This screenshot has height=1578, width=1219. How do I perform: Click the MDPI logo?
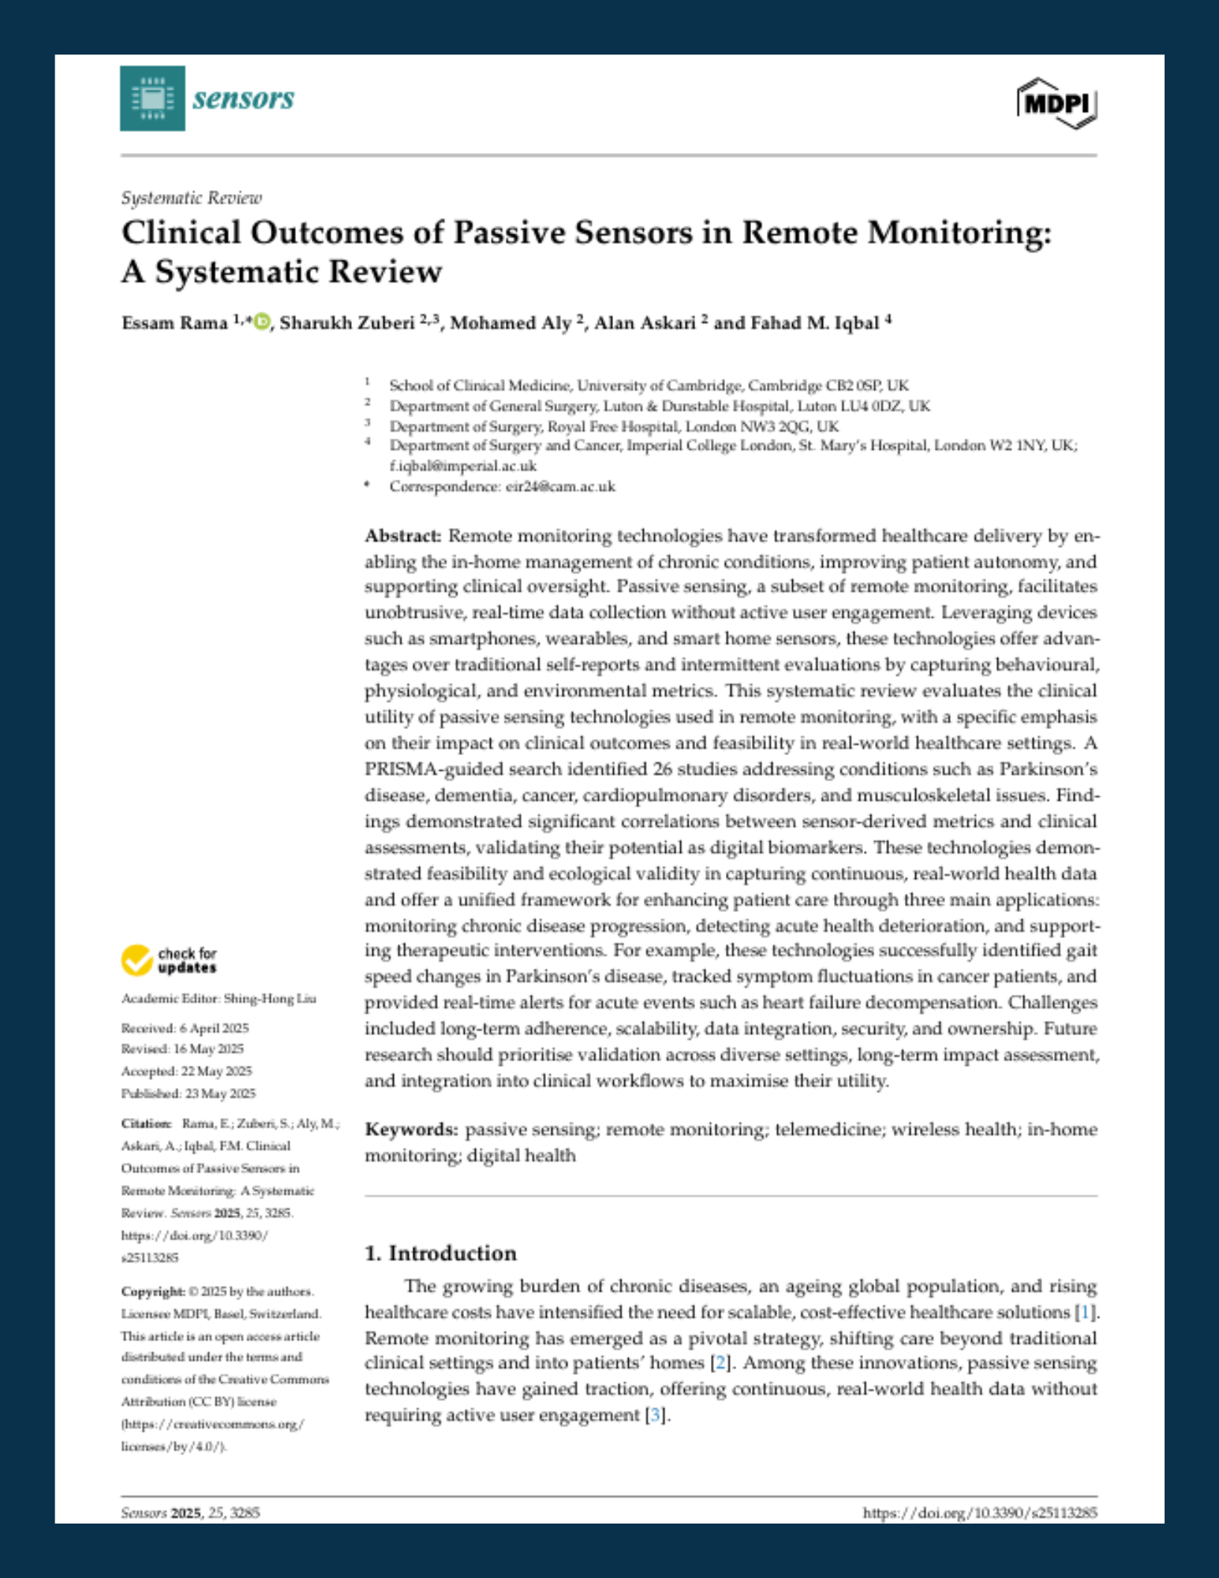click(x=1056, y=103)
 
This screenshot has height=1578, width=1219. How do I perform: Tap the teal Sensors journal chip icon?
click(x=152, y=99)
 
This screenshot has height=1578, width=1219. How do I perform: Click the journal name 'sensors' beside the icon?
click(x=243, y=99)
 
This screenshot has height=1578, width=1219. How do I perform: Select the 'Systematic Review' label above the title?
click(x=191, y=198)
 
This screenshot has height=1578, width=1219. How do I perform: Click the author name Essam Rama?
click(x=174, y=323)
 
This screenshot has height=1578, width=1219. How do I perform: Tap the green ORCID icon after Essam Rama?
click(x=262, y=322)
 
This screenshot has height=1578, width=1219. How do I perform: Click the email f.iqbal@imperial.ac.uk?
click(x=462, y=466)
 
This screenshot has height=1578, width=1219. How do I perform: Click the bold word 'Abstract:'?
click(x=402, y=537)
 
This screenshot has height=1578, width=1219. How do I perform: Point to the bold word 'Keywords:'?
click(x=411, y=1130)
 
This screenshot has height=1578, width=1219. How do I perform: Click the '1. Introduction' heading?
click(x=440, y=1254)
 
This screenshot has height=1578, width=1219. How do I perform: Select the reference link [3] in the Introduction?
click(x=654, y=1415)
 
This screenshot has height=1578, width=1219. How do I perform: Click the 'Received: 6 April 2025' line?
click(x=185, y=1028)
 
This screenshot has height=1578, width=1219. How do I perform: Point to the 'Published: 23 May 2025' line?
click(x=188, y=1094)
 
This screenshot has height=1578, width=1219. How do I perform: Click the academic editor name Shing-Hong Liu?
click(x=270, y=999)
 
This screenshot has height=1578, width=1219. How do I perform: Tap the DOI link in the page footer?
click(x=979, y=1513)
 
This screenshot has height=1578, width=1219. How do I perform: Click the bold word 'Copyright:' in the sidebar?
click(x=153, y=1292)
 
